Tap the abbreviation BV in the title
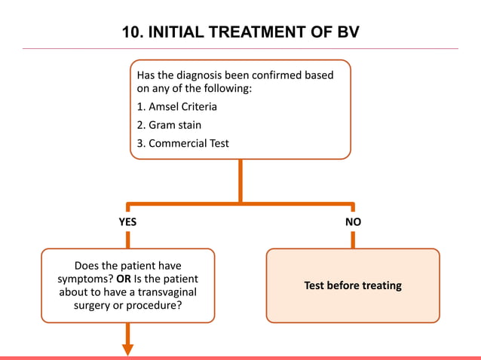pos(348,32)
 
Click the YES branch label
pos(127,223)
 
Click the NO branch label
pos(353,223)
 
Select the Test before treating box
pos(353,285)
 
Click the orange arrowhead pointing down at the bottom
pos(127,349)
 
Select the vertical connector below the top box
pos(240,181)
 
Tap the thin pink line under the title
pos(240,49)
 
